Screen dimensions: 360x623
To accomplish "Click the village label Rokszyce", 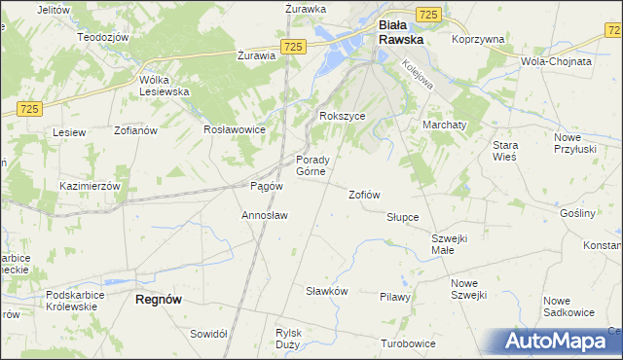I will [x=343, y=116].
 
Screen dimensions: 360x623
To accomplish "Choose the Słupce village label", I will [x=402, y=217].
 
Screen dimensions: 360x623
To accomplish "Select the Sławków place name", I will [x=327, y=291].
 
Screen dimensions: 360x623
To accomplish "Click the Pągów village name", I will [x=267, y=186].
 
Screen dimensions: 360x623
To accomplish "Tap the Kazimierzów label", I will [x=89, y=186].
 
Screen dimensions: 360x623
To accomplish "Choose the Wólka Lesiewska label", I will [x=164, y=86].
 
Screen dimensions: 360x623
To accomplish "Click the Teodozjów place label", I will [x=103, y=36].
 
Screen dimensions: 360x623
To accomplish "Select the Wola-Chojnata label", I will [x=557, y=60].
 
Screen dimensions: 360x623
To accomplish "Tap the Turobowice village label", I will [x=407, y=344].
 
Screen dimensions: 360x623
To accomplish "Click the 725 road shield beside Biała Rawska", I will [x=429, y=14].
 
